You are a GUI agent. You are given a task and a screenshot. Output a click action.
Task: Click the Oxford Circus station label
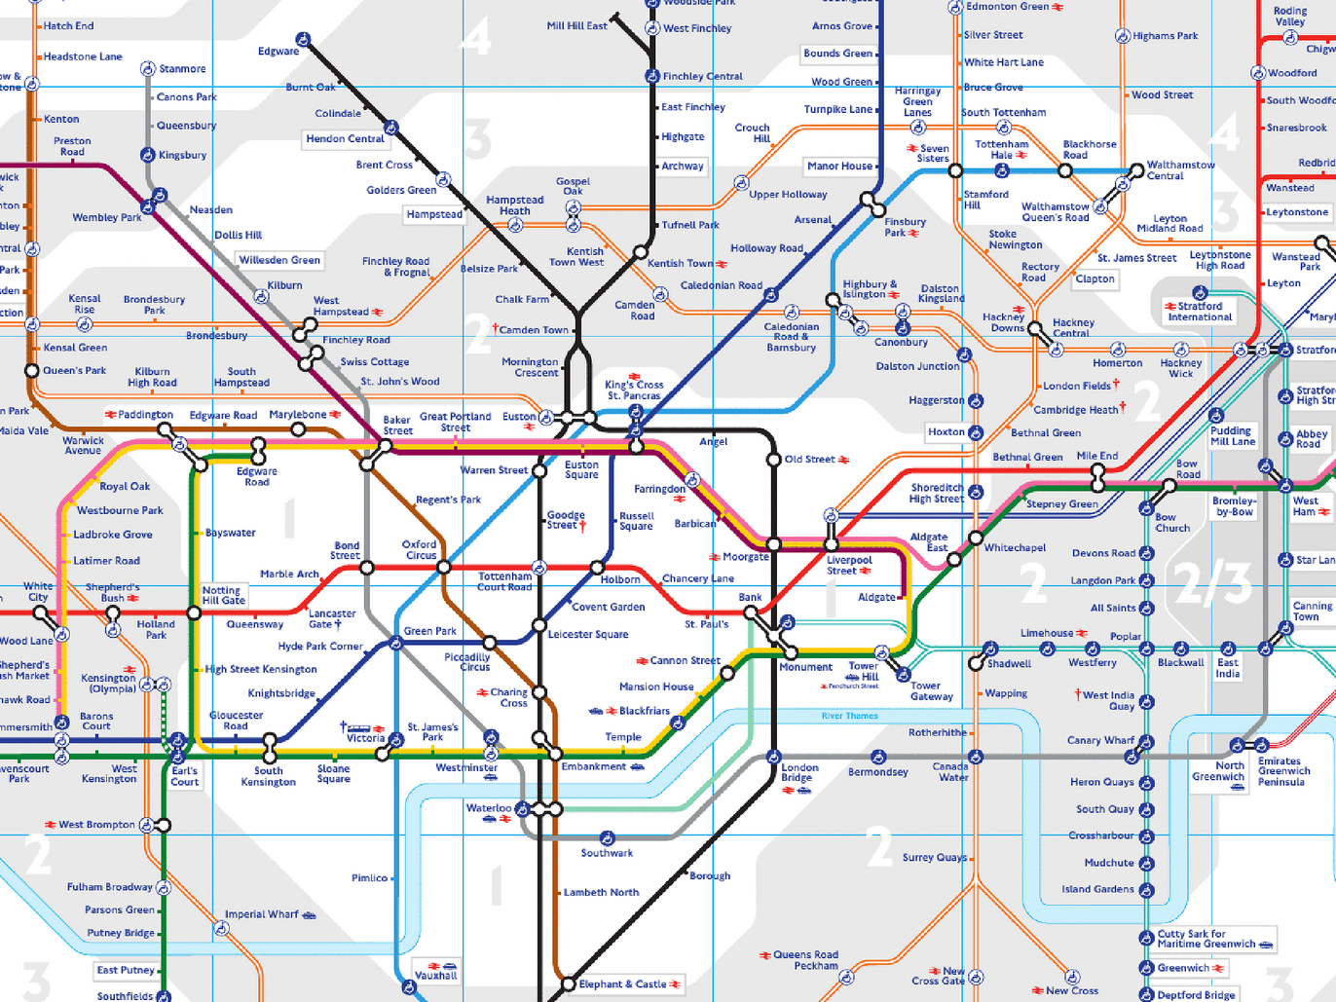[x=420, y=550]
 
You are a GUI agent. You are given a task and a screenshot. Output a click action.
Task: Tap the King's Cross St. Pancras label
[x=634, y=390]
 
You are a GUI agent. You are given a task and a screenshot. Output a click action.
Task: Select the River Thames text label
[x=849, y=716]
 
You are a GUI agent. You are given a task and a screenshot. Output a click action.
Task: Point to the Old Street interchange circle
[x=774, y=460]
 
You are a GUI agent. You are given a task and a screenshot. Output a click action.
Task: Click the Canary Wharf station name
[x=1100, y=740]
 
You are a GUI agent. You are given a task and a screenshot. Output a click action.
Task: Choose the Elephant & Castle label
[x=623, y=984]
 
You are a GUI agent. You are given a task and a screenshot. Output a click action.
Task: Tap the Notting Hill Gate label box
[x=223, y=595]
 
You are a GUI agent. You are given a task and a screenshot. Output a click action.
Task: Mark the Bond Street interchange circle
[x=367, y=568]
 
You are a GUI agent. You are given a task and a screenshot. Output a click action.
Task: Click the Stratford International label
[x=1200, y=312]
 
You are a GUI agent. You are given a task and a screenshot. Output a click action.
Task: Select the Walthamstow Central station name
[x=1180, y=170]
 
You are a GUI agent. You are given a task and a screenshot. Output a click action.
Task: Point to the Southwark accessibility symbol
[x=608, y=838]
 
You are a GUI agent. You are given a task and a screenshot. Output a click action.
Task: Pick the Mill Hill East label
[x=576, y=26]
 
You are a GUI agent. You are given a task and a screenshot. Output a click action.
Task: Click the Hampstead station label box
[x=434, y=214]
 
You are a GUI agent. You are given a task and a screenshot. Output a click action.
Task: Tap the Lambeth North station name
[x=601, y=892]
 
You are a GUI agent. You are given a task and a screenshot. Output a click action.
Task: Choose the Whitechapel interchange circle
[x=976, y=538]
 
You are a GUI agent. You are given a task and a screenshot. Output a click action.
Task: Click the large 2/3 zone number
[x=1212, y=582]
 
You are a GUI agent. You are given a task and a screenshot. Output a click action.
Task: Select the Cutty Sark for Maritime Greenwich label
[x=1206, y=939]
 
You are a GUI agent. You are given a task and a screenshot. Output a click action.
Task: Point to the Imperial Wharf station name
[x=262, y=914]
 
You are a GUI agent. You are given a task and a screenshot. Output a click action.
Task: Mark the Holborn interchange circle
[x=597, y=568]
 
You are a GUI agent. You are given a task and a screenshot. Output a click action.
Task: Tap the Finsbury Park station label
[x=905, y=227]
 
